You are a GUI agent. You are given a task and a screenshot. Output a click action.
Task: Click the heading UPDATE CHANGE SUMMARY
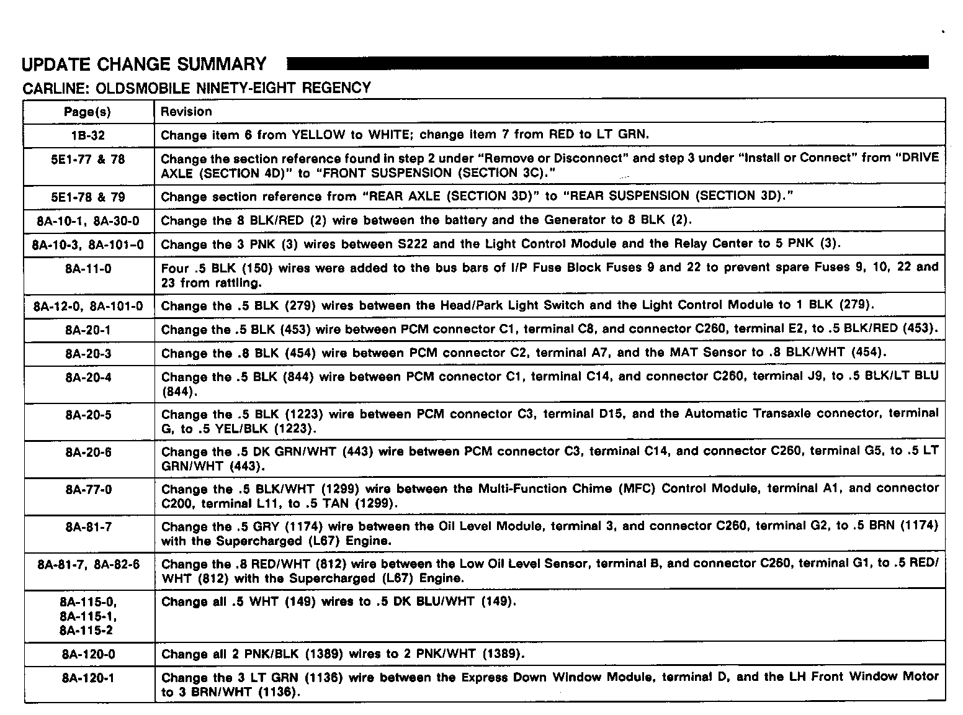(x=144, y=65)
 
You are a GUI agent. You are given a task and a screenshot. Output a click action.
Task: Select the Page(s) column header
(x=87, y=112)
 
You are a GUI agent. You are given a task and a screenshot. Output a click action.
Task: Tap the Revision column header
(x=186, y=112)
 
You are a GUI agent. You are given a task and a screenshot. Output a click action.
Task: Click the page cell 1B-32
(x=88, y=135)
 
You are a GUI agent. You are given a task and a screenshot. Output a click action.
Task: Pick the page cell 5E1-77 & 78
(x=88, y=160)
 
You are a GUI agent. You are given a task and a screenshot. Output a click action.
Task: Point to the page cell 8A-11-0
(x=88, y=269)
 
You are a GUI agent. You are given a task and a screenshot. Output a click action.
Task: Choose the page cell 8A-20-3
(x=88, y=354)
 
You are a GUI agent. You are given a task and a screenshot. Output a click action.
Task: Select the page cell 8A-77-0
(x=88, y=490)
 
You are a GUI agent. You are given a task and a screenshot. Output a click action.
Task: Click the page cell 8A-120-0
(x=88, y=654)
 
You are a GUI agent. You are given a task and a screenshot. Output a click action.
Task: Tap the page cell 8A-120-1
(x=88, y=678)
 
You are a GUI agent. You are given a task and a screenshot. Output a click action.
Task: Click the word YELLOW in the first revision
(x=318, y=135)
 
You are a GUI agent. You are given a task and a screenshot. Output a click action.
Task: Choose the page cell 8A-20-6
(x=88, y=452)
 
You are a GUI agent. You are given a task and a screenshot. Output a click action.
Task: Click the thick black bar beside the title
(x=608, y=63)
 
